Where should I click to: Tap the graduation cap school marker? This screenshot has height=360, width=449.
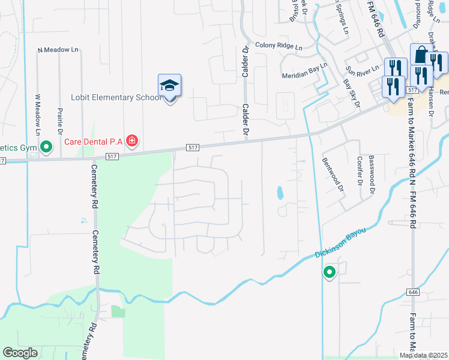click(169, 86)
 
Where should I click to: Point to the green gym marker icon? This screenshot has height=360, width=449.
click(46, 146)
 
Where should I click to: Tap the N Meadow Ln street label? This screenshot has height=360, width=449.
click(58, 50)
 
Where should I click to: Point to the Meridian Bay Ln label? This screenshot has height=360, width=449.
click(305, 71)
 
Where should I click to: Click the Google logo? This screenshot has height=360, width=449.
click(20, 353)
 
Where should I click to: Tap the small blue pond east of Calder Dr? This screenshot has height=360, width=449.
click(280, 193)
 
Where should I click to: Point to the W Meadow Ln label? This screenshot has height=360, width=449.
click(37, 114)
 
